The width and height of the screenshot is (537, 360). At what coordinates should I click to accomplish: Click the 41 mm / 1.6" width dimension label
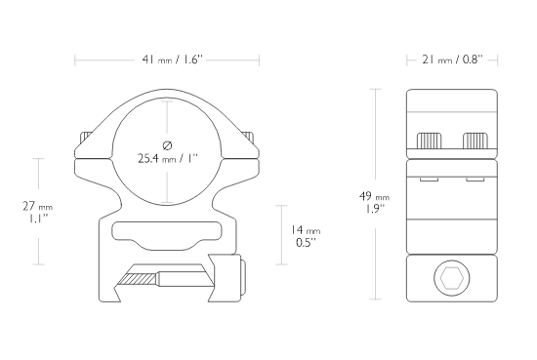click(x=173, y=60)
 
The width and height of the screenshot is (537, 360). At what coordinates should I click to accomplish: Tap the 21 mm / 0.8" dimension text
click(x=452, y=60)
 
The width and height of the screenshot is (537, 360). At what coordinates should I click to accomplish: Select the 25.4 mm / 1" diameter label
click(x=168, y=158)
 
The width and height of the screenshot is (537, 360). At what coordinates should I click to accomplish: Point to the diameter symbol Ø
click(x=168, y=145)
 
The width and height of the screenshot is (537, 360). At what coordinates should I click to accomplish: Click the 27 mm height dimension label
click(x=38, y=212)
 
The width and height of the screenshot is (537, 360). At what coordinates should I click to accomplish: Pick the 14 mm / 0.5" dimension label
click(x=306, y=236)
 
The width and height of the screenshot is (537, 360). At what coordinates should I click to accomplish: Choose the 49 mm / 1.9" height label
click(x=374, y=202)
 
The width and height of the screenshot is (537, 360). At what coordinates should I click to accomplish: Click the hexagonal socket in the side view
click(x=452, y=277)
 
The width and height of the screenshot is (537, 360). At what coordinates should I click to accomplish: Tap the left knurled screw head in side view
click(x=429, y=140)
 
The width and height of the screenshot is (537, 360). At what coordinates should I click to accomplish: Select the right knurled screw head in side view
click(x=475, y=140)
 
